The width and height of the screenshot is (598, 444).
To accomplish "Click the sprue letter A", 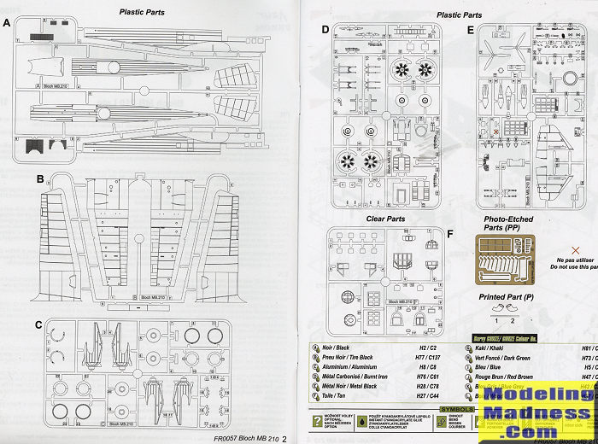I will pyautogui.click(x=7, y=23).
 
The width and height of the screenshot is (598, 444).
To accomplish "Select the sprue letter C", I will pyautogui.click(x=40, y=325).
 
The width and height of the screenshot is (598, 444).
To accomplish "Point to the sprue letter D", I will pyautogui.click(x=325, y=30).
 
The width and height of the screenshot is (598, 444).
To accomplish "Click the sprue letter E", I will pyautogui.click(x=471, y=30).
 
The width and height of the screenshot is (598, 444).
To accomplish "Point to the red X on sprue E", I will pyautogui.click(x=496, y=133).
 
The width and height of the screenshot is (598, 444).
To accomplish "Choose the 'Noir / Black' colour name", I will pyautogui.click(x=341, y=348).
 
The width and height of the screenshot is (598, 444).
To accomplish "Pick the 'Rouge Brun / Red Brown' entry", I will pyautogui.click(x=512, y=377).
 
